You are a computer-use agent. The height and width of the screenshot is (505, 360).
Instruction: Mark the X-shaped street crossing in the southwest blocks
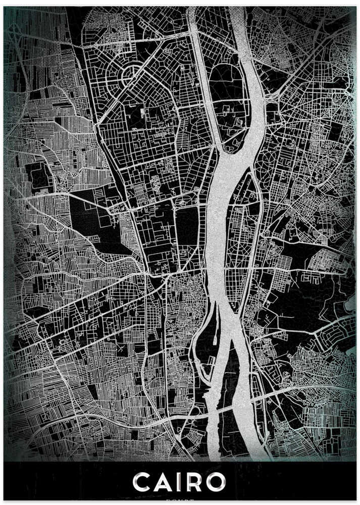[x=122, y=348]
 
